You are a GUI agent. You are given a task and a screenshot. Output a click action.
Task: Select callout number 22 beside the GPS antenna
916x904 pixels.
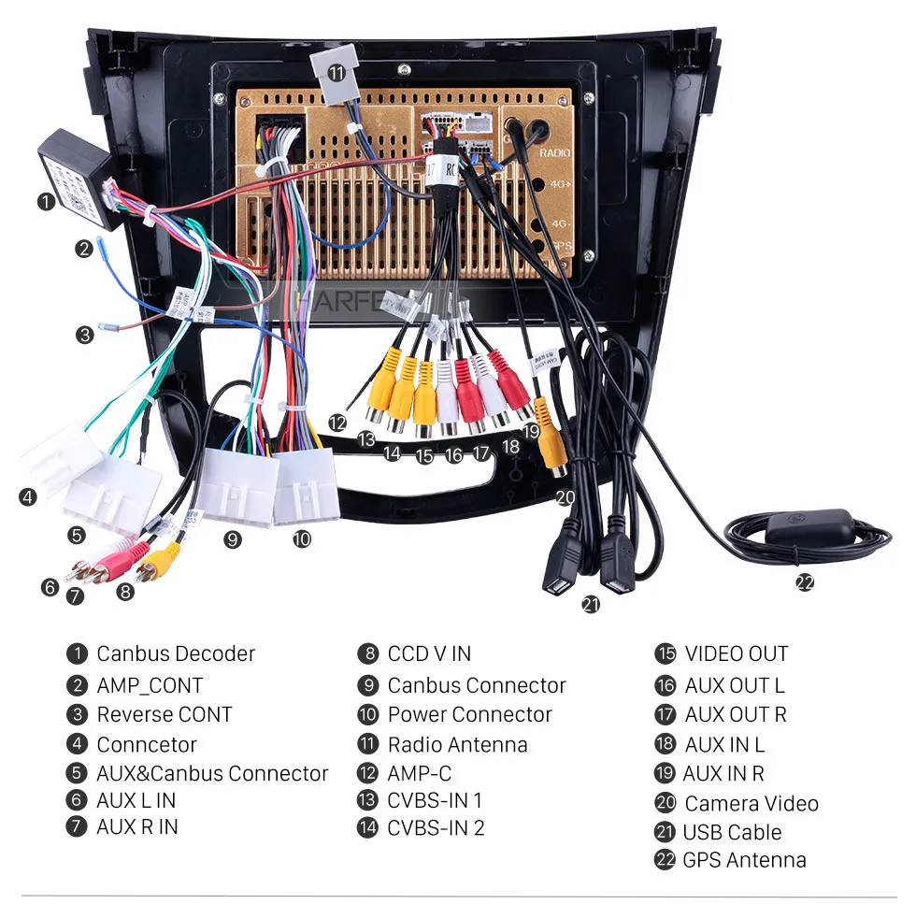point(804,582)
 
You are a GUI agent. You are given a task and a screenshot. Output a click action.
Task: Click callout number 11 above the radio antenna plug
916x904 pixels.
point(336,72)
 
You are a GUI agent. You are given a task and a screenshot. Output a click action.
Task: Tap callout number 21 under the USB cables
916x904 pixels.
point(590,605)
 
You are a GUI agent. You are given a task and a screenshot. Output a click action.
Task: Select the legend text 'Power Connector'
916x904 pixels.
point(469,715)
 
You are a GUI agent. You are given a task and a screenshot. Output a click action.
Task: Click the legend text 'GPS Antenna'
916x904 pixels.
point(744,860)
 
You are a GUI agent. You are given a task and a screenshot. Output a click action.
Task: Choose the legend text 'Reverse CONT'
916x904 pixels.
point(165,715)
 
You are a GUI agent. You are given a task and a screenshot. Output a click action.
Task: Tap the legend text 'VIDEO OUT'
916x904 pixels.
point(737,653)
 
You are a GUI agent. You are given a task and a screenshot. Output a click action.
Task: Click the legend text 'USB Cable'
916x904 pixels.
point(732,832)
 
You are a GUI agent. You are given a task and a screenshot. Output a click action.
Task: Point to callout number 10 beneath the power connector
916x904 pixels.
point(301,538)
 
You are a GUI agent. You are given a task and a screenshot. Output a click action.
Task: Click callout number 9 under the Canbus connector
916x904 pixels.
point(233,538)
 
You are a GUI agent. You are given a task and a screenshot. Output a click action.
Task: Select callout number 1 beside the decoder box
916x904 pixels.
point(45,201)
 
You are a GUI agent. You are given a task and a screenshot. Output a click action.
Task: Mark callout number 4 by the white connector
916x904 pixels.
point(27,497)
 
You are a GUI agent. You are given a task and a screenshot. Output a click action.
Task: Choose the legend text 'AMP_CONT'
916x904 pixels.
point(150,685)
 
